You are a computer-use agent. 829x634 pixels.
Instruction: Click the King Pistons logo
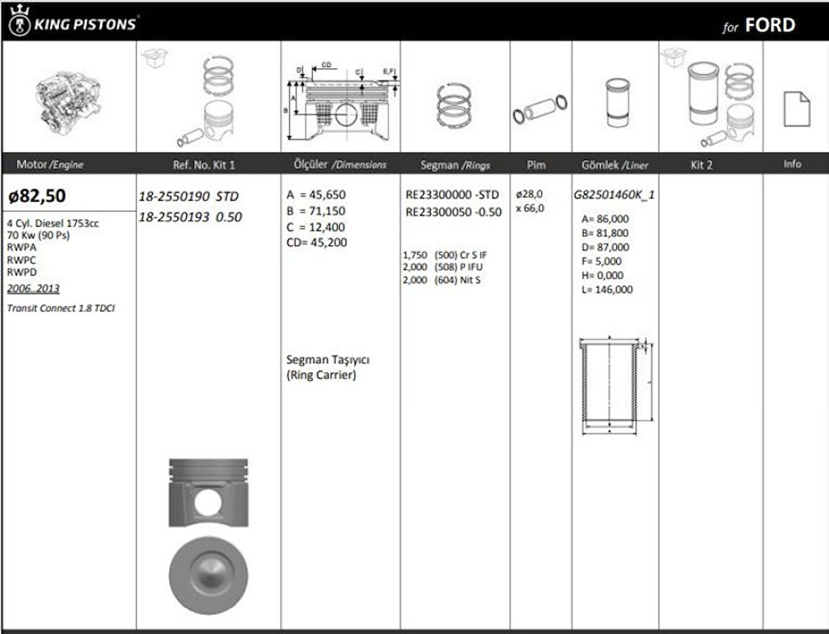pyautogui.click(x=72, y=22)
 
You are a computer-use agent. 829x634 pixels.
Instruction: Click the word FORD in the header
pyautogui.click(x=770, y=25)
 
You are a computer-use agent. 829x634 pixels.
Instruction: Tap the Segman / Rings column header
pyautogui.click(x=455, y=165)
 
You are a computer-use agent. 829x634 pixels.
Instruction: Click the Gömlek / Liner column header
pyautogui.click(x=615, y=165)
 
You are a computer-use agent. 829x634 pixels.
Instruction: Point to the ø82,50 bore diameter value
pyautogui.click(x=37, y=196)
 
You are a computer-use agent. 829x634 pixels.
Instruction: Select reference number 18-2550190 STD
pyautogui.click(x=189, y=197)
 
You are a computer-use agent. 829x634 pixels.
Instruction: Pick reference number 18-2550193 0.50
pyautogui.click(x=190, y=217)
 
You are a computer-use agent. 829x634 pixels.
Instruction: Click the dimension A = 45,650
pyautogui.click(x=315, y=195)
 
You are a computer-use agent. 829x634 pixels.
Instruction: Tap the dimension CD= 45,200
pyautogui.click(x=316, y=243)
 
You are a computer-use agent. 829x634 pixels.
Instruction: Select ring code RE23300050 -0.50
pyautogui.click(x=453, y=212)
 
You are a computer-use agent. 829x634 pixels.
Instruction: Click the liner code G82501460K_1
pyautogui.click(x=614, y=195)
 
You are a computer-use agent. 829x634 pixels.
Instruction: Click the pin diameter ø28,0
pyautogui.click(x=529, y=194)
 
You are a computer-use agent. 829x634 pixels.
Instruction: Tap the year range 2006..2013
pyautogui.click(x=33, y=289)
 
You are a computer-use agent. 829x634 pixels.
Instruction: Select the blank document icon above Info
pyautogui.click(x=796, y=109)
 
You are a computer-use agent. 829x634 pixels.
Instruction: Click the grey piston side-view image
pyautogui.click(x=209, y=493)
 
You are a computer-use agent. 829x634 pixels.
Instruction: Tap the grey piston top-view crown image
pyautogui.click(x=209, y=576)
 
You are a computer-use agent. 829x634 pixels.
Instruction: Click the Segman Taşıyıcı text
pyautogui.click(x=328, y=359)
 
